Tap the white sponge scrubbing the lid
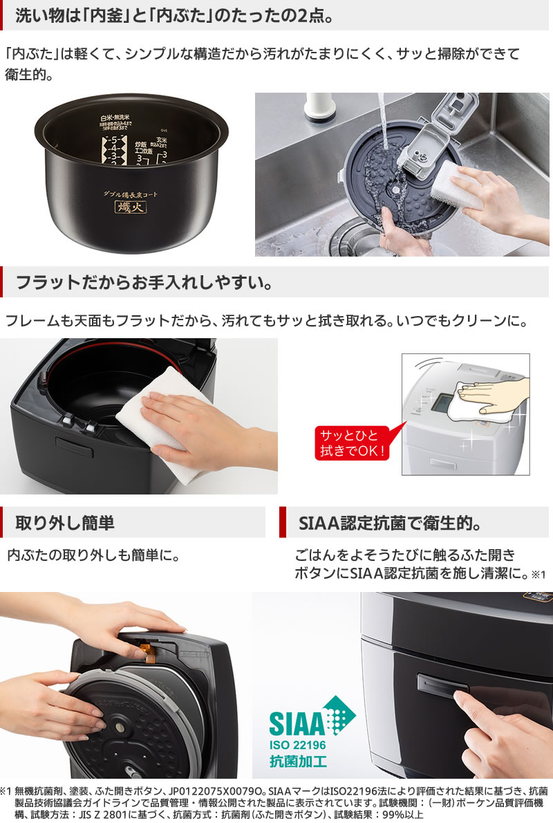pos(456,183)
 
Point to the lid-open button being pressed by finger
pos(442,685)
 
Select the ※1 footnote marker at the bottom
pos(6,790)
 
